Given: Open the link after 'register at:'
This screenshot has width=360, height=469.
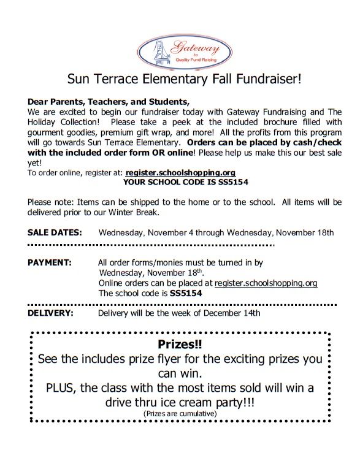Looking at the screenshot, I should pos(181,173).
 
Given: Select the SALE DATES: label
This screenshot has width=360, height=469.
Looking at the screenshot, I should pos(55,233).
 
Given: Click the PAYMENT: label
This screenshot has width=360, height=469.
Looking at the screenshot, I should pos(50,262).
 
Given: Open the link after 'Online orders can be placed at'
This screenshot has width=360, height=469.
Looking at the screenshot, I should pos(266,283).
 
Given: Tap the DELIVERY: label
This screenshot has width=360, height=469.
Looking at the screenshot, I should pos(51,313).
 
